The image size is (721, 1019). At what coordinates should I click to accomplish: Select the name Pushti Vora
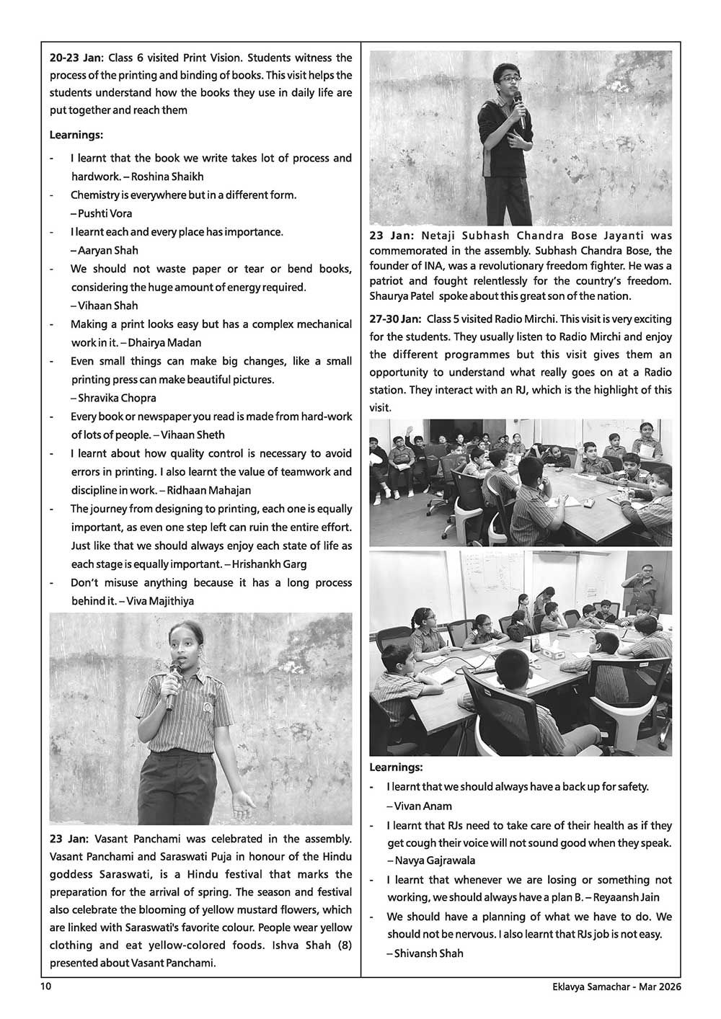click(x=105, y=213)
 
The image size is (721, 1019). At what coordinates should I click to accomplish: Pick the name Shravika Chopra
click(x=118, y=398)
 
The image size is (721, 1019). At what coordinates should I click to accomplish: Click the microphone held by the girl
click(x=173, y=681)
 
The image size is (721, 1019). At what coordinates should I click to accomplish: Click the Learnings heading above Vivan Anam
click(x=396, y=767)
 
